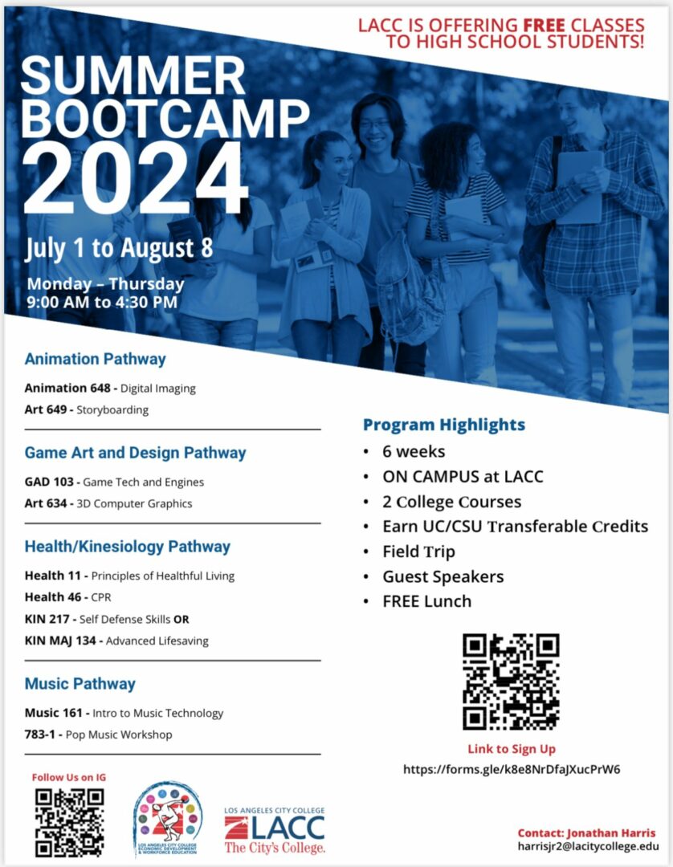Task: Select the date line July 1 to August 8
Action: [119, 247]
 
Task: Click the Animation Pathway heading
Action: [95, 359]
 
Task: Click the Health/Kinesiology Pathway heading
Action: [127, 547]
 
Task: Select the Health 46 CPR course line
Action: [67, 597]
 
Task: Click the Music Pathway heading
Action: [80, 684]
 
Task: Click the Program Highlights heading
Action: [443, 425]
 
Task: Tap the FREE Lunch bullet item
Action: [426, 601]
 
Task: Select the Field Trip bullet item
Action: [418, 552]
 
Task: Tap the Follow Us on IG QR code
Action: [69, 821]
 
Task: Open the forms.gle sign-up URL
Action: [512, 769]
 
